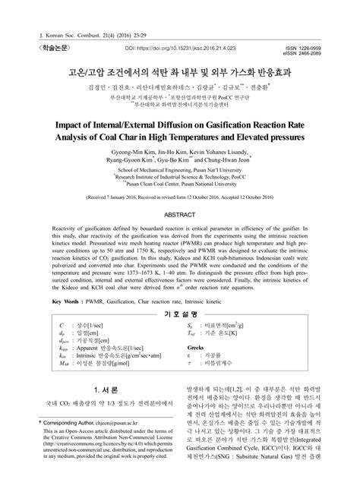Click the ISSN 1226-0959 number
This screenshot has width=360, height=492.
click(311, 44)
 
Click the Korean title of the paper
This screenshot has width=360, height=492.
click(179, 74)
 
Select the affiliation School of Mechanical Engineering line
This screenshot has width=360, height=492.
click(180, 171)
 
